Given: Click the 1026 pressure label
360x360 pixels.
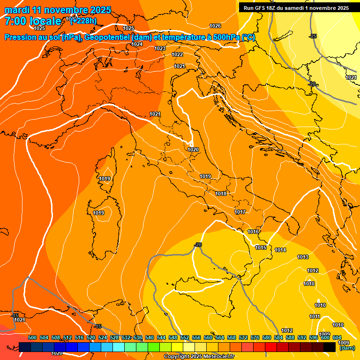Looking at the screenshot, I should pos(215,26).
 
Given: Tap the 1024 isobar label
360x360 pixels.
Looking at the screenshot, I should pos(137,44).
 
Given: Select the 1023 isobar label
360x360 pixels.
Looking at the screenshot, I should pos(160,48).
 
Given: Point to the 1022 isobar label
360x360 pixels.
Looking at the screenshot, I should pos(177,54).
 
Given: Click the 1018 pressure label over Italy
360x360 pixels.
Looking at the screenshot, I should pos(221,194).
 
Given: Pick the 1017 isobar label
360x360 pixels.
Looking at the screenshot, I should pos(240,212).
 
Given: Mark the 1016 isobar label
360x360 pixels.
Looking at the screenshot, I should pos(254,232).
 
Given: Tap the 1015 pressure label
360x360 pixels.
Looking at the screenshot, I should pos(261,247).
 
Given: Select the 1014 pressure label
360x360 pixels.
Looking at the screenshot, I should pos(280,250).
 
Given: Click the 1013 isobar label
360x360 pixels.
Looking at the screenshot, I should pos(303,257).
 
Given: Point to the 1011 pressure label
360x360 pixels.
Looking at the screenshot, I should pos(315,316).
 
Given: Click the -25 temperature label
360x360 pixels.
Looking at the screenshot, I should pos(313,36).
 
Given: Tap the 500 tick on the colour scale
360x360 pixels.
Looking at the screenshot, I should pos(32,337).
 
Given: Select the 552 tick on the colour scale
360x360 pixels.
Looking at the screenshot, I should pos(185,337).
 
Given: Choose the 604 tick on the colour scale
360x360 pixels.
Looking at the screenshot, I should pos(337,337).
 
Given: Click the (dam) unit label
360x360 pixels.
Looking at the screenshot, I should pos(347,348).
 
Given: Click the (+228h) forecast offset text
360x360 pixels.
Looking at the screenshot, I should pos(83,20).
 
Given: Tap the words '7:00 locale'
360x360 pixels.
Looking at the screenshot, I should pos(33,21).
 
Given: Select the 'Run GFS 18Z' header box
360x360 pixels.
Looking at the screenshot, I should pos(296,8).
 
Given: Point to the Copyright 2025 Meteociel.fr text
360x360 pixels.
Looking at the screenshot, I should pos(199,356).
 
